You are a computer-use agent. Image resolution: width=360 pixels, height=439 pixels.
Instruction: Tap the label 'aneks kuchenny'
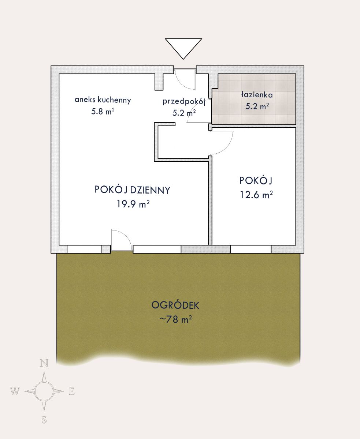pyautogui.click(x=103, y=100)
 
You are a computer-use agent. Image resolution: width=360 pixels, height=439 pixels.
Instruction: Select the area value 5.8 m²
pyautogui.click(x=103, y=112)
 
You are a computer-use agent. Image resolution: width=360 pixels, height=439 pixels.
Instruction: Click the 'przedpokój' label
pyautogui.click(x=184, y=102)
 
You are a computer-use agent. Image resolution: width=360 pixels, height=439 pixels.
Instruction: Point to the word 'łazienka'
pyautogui.click(x=257, y=95)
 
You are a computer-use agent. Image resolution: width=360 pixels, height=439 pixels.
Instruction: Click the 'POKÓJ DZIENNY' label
pyautogui.click(x=133, y=190)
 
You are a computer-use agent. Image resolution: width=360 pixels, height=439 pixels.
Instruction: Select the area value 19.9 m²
pyautogui.click(x=133, y=204)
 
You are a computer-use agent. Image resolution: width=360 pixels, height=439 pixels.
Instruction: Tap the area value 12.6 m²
pyautogui.click(x=256, y=195)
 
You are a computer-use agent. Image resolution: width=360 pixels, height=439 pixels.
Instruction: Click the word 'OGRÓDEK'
pyautogui.click(x=175, y=305)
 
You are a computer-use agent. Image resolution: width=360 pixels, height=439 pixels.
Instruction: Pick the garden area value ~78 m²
pyautogui.click(x=175, y=319)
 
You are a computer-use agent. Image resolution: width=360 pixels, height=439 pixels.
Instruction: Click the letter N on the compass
pyautogui.click(x=44, y=363)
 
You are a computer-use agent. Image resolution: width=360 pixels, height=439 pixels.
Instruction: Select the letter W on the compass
pyautogui.click(x=15, y=391)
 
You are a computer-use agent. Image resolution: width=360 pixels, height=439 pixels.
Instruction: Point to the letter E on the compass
pyautogui.click(x=72, y=391)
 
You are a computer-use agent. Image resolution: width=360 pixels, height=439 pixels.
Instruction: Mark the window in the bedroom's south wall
pyautogui.click(x=251, y=249)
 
